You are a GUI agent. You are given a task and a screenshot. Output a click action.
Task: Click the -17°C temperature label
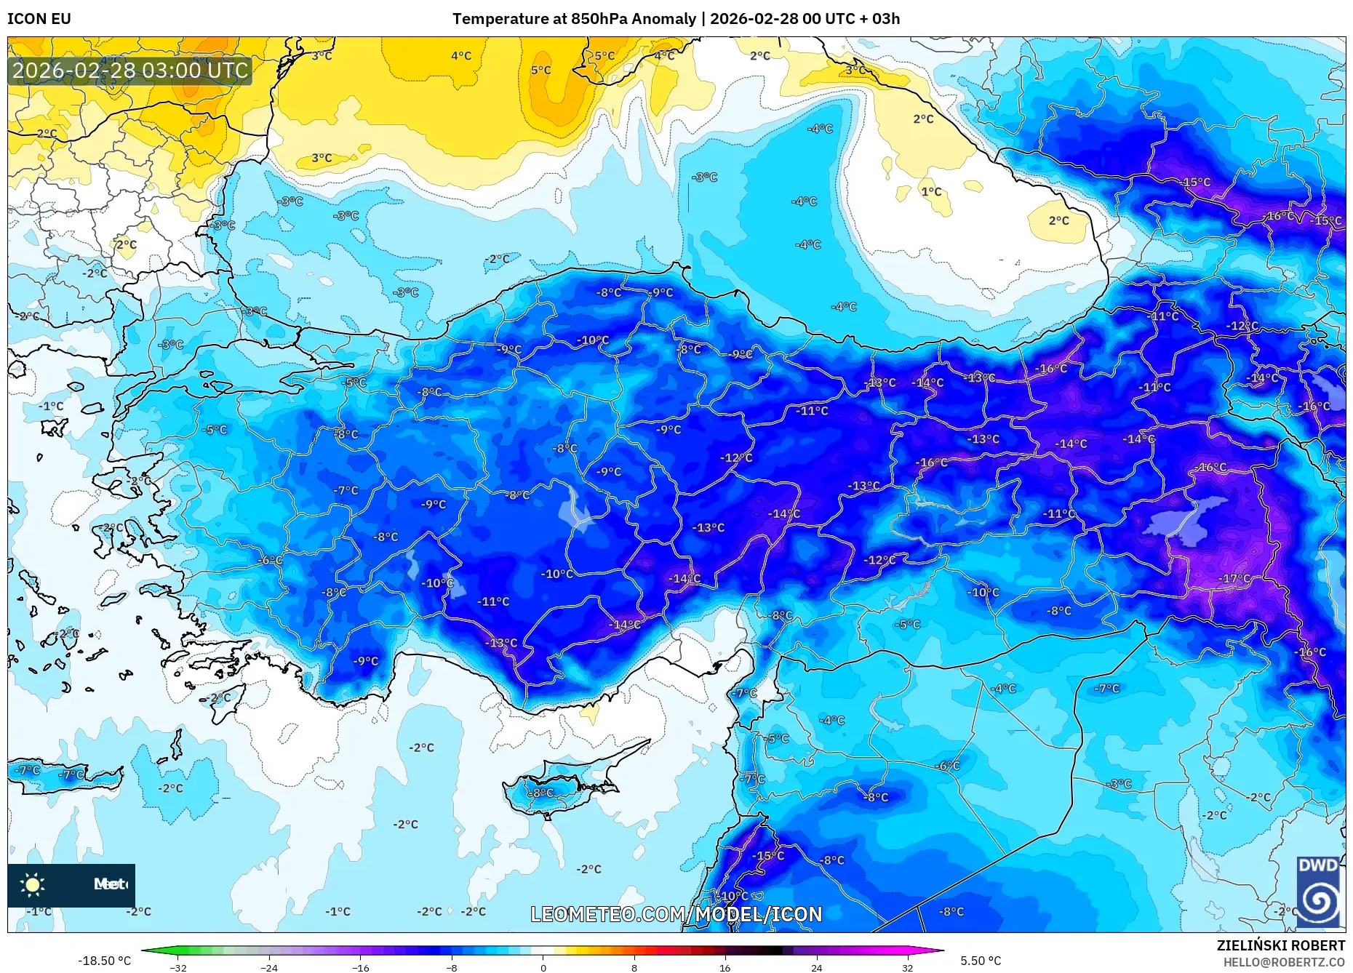pos(1235,579)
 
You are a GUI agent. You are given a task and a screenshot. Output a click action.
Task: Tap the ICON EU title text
pos(39,19)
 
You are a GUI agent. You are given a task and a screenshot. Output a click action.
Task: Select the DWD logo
pos(1318,892)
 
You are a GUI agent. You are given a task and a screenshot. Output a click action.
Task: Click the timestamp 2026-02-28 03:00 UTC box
pos(130,71)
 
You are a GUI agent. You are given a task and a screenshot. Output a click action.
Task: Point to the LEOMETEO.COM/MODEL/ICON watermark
pos(676,914)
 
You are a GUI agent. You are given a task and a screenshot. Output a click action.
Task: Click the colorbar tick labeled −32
pos(178,967)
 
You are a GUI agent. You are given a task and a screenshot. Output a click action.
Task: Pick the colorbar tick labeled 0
pos(543,967)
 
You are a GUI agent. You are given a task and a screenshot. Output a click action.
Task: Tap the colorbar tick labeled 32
pos(907,967)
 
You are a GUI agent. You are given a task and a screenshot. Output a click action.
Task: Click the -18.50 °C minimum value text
pos(105,961)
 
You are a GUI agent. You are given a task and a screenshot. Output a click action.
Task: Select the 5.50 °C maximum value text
pos(980,961)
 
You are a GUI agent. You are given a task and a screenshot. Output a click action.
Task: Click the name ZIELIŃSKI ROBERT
pos(1280,945)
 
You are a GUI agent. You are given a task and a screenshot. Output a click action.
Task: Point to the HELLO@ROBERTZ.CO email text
pos(1283,962)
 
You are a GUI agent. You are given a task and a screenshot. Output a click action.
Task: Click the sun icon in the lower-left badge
pos(33,885)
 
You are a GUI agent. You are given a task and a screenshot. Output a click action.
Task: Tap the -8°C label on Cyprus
pos(540,793)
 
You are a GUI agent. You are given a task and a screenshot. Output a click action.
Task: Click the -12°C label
pos(879,560)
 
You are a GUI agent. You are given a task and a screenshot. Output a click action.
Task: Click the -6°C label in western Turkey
pos(270,560)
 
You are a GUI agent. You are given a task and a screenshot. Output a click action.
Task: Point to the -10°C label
pos(557,574)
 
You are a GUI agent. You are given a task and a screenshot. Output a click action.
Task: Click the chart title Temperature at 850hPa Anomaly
pos(574,19)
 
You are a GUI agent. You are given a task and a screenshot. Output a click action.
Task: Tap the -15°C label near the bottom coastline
pos(768,855)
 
